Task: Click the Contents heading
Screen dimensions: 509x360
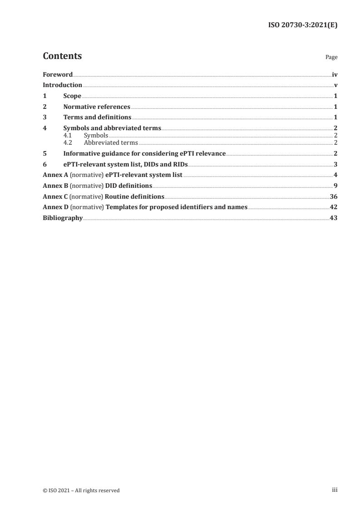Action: coord(62,56)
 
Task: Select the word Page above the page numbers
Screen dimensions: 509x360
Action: coord(331,58)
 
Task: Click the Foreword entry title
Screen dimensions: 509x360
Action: coord(58,74)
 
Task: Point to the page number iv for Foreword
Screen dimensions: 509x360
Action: coord(335,74)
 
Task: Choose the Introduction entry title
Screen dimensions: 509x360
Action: coord(62,85)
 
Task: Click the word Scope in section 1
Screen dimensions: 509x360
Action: coord(72,96)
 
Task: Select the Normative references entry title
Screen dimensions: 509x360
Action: coord(97,107)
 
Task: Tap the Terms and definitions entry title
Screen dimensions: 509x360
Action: coord(97,117)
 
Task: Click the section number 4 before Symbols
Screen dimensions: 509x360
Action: coord(44,128)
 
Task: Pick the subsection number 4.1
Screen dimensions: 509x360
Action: coord(68,136)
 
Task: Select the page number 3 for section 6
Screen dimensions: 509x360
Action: coord(335,164)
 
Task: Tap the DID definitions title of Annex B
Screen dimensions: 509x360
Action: coord(128,186)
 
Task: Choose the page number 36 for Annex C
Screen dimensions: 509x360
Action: coord(334,197)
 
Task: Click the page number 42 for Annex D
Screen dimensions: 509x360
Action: coord(334,207)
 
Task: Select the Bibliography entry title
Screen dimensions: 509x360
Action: coord(63,218)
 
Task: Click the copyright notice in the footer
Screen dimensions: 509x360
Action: coord(81,490)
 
